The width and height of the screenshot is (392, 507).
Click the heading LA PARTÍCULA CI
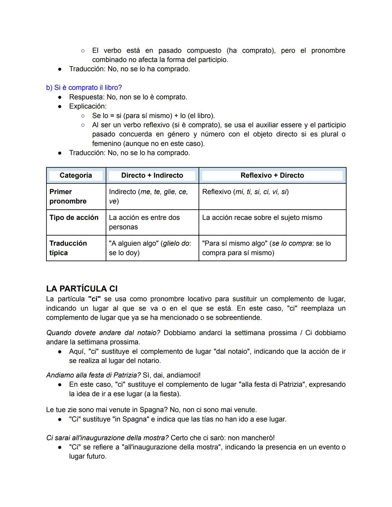(x=82, y=289)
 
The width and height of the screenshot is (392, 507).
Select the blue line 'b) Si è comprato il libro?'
(x=84, y=87)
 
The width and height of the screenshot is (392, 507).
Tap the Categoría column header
(x=75, y=175)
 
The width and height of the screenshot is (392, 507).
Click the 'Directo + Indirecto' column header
(x=152, y=175)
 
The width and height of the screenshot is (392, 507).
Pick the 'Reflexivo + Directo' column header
(x=272, y=175)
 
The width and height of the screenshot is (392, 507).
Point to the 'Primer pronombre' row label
(x=68, y=196)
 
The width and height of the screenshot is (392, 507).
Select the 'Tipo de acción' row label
(x=74, y=217)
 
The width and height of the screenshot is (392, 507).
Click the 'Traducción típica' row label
(x=68, y=248)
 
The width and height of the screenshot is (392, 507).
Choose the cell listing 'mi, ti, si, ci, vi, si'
(x=245, y=192)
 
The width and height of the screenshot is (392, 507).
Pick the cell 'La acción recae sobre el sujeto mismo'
(x=262, y=217)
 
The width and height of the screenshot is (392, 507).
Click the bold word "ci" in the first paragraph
(x=94, y=299)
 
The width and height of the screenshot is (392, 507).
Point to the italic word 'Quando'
(x=58, y=333)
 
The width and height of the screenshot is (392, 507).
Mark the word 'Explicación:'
(x=88, y=106)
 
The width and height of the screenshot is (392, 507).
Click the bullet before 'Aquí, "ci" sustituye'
(x=60, y=352)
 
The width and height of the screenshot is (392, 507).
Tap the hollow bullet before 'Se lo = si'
(x=83, y=116)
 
